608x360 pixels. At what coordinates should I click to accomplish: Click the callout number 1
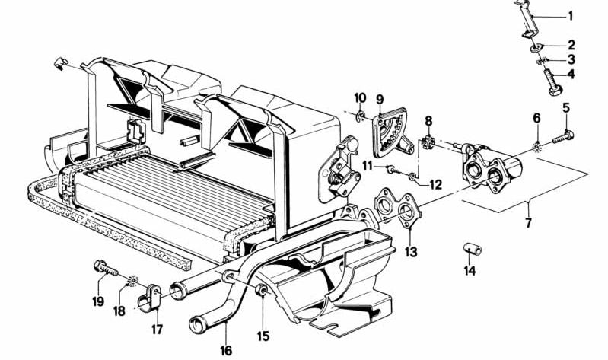572,15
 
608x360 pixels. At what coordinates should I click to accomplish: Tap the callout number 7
528,224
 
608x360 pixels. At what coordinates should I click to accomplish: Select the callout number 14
470,270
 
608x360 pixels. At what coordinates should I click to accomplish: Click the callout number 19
98,301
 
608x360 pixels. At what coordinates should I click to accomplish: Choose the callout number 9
380,99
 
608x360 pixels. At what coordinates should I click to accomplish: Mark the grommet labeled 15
260,290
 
